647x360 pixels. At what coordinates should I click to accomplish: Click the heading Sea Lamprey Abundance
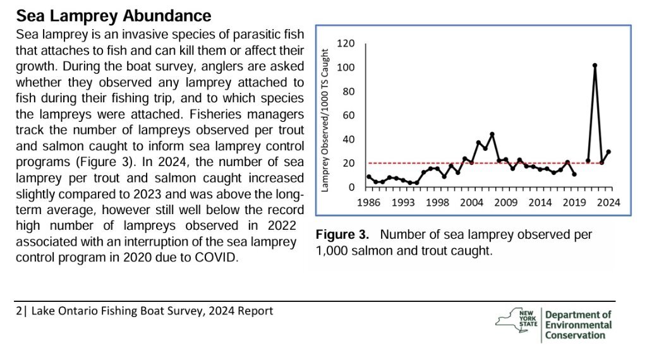[113, 15]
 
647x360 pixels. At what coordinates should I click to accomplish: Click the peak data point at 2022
[595, 66]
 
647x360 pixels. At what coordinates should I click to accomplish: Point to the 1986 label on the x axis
[369, 203]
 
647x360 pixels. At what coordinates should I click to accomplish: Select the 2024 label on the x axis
[608, 203]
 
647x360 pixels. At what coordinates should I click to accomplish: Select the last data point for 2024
[608, 152]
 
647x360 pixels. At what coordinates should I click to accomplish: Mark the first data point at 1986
[369, 177]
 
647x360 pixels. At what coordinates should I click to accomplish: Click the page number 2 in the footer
[19, 311]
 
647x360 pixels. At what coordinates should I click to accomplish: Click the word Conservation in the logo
[575, 335]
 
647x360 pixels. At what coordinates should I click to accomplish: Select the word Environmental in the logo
[578, 325]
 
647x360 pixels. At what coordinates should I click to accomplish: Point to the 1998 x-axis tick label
[437, 203]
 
